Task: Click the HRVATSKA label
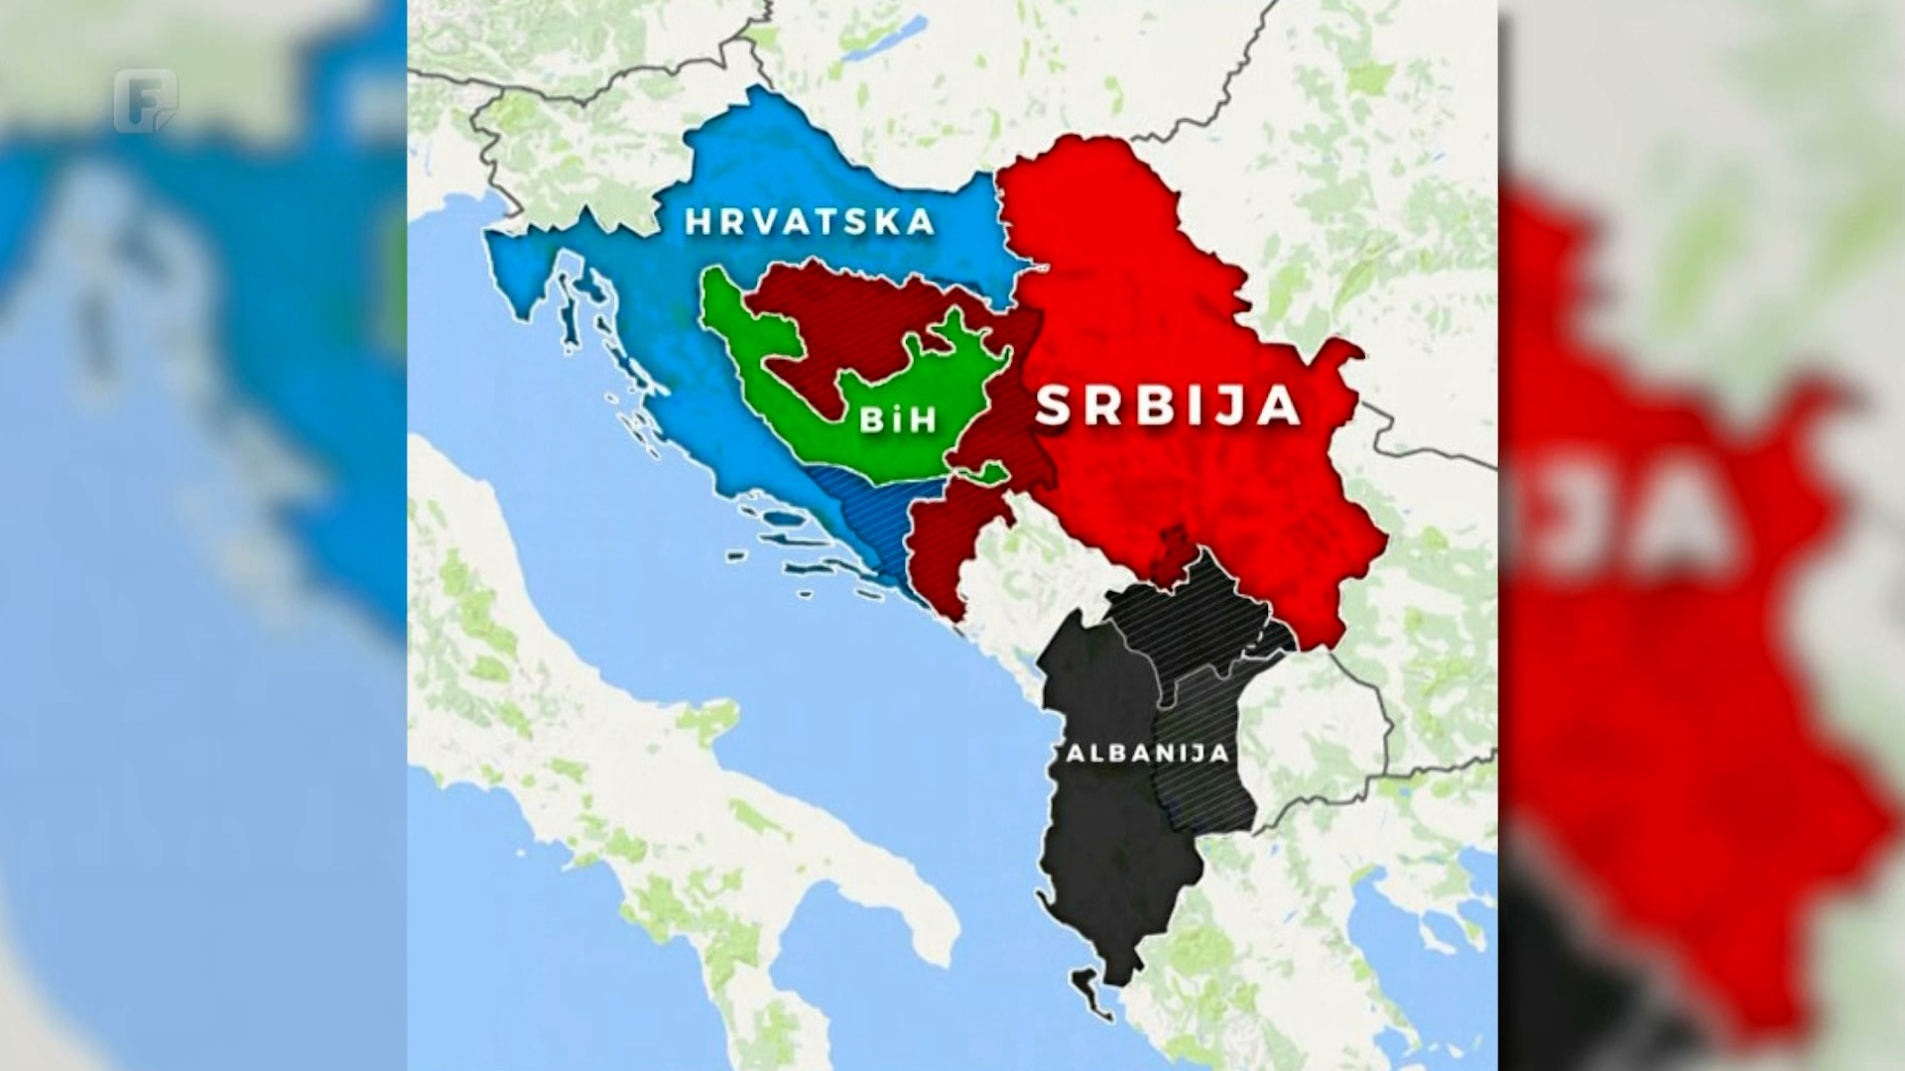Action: [x=811, y=222]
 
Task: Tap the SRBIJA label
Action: [x=1168, y=406]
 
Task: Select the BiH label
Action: [x=897, y=419]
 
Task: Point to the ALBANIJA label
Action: [x=1148, y=753]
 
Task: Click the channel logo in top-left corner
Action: [x=145, y=100]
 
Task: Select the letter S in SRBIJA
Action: [x=1055, y=406]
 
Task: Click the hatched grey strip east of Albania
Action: [x=1206, y=754]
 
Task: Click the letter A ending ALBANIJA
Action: [x=1221, y=753]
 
